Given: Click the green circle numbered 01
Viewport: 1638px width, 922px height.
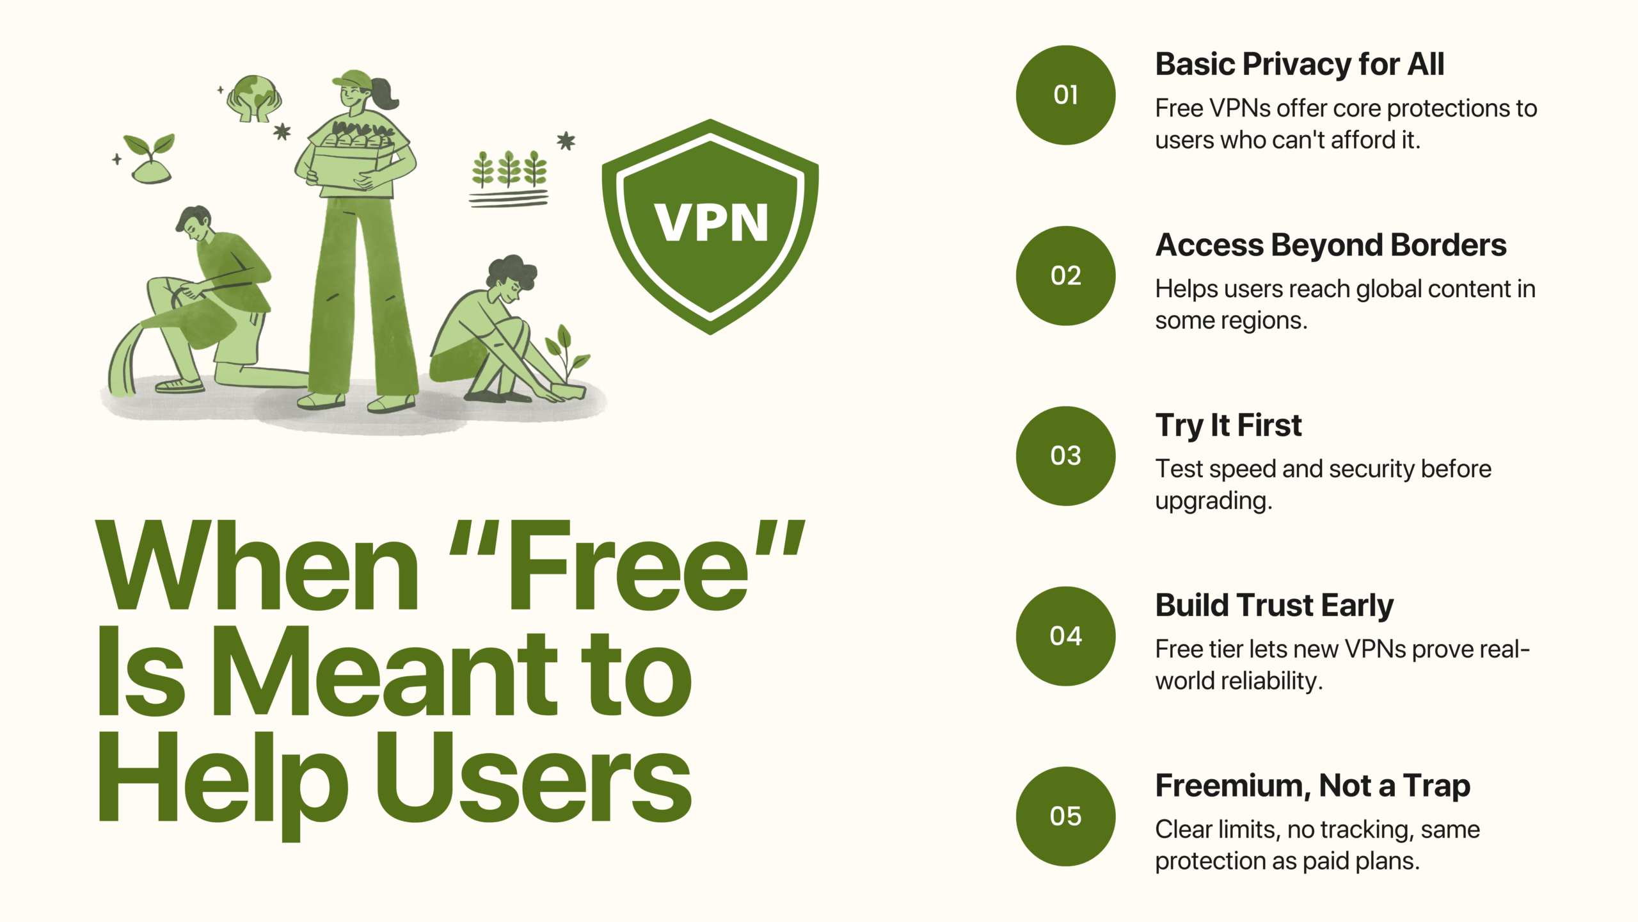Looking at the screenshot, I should point(1065,95).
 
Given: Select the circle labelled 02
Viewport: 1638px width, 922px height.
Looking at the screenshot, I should point(1065,276).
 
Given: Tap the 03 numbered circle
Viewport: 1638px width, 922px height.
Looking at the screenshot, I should point(1065,456).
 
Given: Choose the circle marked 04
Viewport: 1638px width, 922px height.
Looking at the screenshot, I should point(1065,636).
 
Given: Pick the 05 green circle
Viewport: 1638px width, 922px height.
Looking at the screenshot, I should point(1065,816).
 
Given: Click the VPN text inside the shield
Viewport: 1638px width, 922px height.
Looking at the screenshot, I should point(711,223).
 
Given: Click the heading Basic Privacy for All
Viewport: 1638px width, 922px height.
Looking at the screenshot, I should point(1300,65).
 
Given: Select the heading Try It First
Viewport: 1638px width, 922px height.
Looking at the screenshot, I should point(1228,426).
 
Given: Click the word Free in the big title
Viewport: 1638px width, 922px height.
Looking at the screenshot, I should point(627,567).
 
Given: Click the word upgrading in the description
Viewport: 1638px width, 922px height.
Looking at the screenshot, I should point(1213,501).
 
